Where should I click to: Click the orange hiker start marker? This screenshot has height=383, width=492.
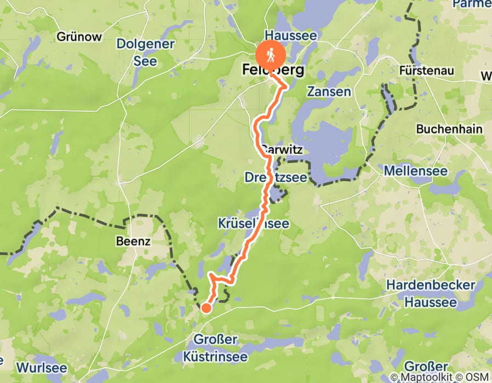271,55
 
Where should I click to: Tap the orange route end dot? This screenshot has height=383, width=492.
206,308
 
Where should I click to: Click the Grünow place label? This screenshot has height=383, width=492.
79,37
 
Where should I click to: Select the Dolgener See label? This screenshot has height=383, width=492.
146,52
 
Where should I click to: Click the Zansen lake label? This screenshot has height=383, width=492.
329,91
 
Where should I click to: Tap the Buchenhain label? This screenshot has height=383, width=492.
449,129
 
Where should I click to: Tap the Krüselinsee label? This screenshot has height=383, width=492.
253,224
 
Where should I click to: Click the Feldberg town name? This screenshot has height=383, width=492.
273,70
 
